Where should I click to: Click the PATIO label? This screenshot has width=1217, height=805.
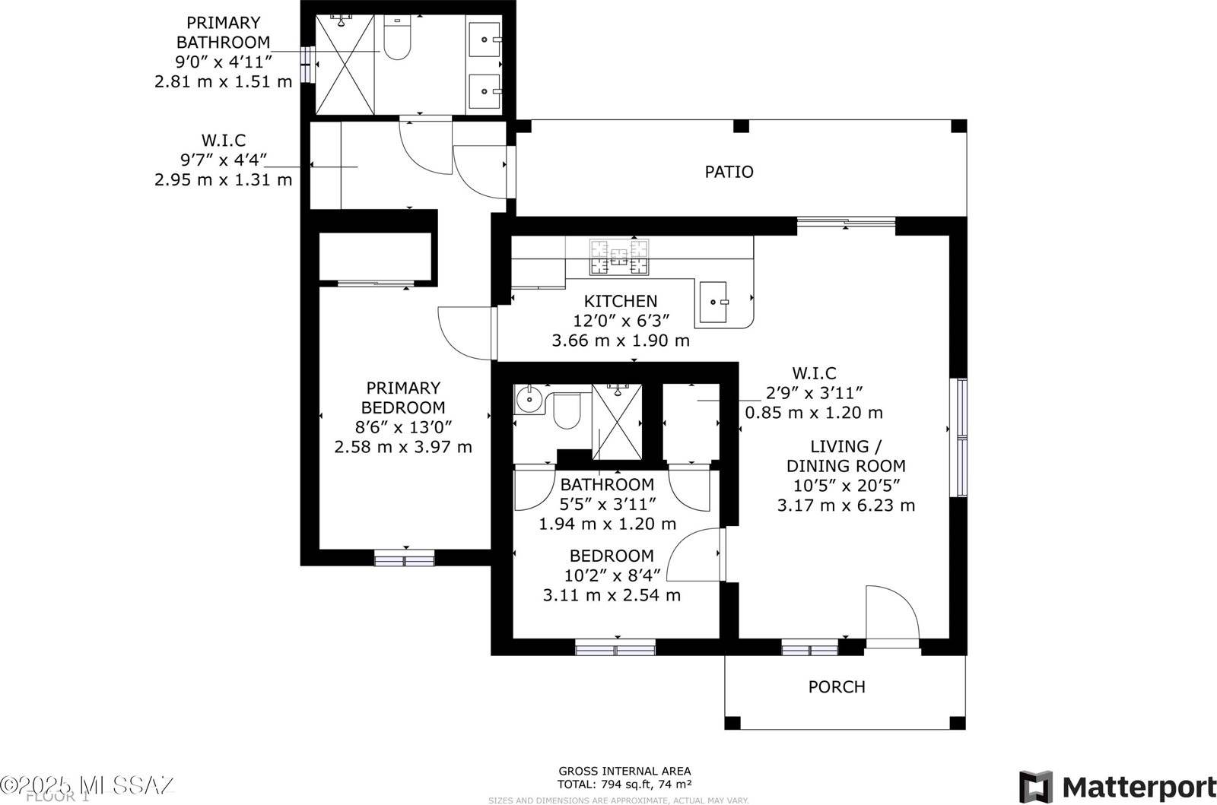[x=729, y=172]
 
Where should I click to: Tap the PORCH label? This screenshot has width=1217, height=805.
[x=836, y=687]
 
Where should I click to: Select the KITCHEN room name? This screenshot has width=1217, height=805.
[x=621, y=301]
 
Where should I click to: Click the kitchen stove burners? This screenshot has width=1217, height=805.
[x=621, y=257]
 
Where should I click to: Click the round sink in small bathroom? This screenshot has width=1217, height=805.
[x=526, y=397]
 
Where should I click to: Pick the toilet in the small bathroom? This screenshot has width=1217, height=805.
[x=566, y=411]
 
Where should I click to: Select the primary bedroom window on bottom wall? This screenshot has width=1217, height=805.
[x=405, y=561]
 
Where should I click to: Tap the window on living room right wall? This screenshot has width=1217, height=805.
[x=961, y=437]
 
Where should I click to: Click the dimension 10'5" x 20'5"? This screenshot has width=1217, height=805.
[x=845, y=486]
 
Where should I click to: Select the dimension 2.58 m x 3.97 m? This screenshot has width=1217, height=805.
[x=403, y=447]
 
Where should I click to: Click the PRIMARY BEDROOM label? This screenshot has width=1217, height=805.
[x=403, y=398]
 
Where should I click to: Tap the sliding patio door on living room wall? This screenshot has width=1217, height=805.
[x=846, y=222]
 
